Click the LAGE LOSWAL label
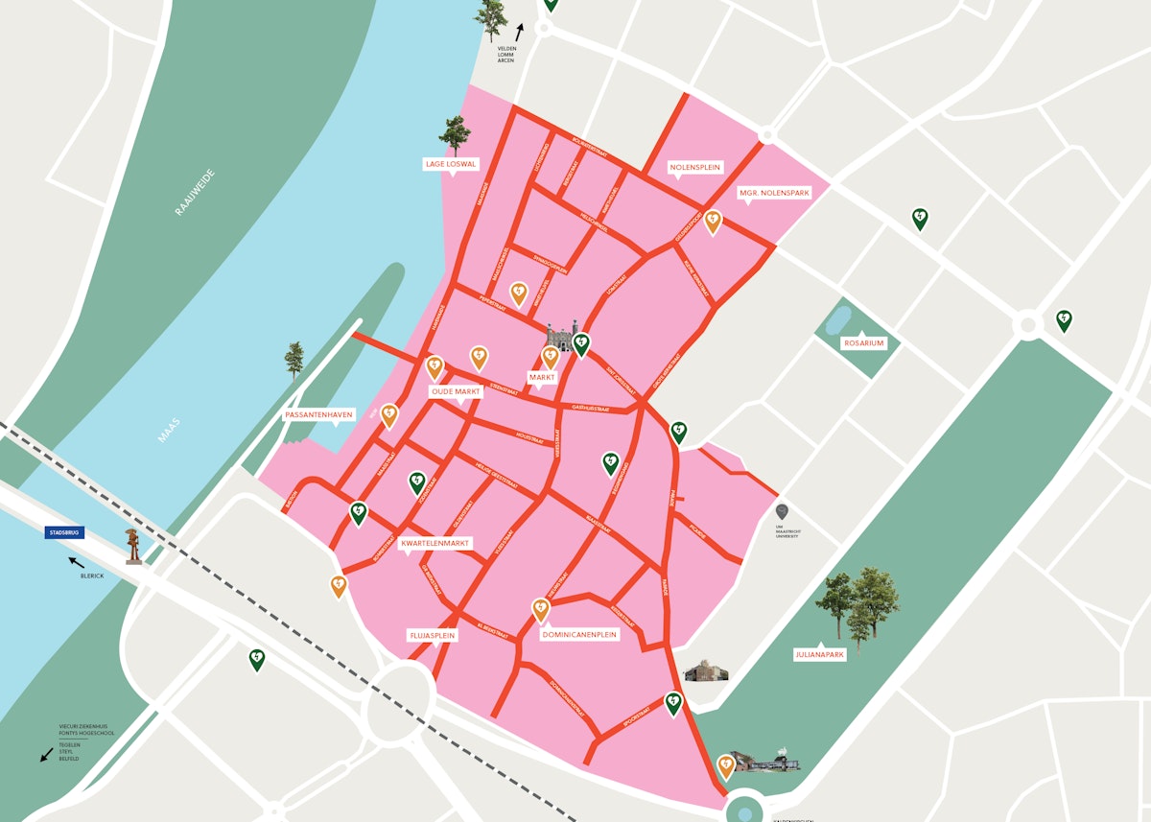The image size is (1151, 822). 451,164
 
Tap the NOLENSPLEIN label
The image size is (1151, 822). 695,168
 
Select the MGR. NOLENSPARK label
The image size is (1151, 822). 774,193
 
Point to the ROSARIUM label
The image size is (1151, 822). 863,342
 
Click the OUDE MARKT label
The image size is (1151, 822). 456,392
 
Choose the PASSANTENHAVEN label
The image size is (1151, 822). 319,415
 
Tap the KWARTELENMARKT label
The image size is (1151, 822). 436,543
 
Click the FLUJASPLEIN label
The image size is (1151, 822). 433,635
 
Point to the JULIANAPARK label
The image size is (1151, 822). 819,656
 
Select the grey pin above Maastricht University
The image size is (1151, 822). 782,511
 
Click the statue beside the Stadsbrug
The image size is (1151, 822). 133,546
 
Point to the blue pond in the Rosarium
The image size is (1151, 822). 838,319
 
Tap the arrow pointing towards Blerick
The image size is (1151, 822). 75,561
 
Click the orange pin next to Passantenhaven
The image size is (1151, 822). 389,415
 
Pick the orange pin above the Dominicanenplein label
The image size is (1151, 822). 541,609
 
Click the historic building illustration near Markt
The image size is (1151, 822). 559,338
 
